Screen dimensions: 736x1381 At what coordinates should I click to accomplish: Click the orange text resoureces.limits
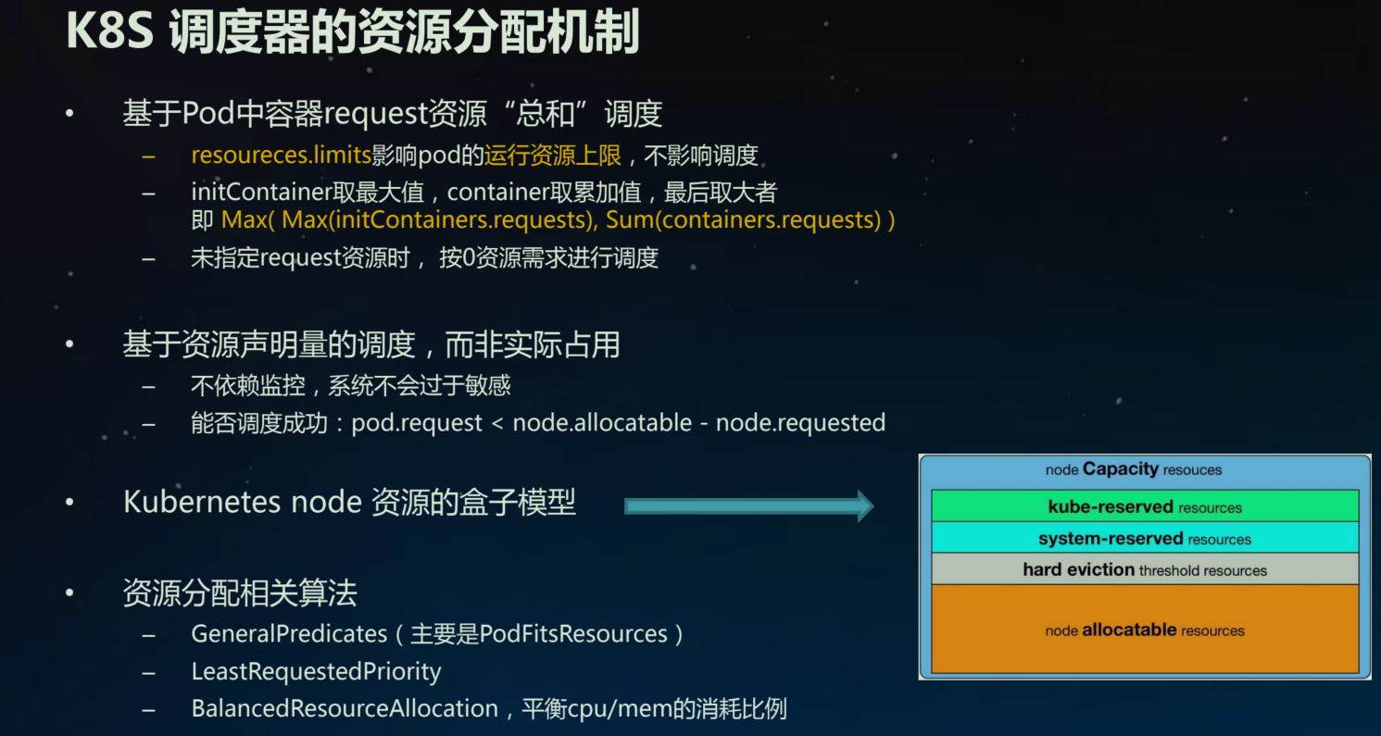tap(281, 156)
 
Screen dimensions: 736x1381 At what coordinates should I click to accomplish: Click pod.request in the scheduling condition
tap(417, 423)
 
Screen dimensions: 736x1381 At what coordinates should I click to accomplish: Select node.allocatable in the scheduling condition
tap(602, 423)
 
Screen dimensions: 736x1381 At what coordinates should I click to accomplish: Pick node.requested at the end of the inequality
tap(800, 423)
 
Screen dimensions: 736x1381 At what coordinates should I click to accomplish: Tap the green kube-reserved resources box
tap(1145, 506)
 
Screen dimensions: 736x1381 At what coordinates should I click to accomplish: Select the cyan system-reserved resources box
tap(1145, 538)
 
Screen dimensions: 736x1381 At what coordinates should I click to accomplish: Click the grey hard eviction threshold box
tap(1145, 569)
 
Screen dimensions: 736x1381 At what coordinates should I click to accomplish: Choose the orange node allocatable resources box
tap(1145, 630)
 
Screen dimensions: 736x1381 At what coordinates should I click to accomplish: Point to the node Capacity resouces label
tap(1134, 469)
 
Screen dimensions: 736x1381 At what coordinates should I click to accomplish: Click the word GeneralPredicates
tap(289, 634)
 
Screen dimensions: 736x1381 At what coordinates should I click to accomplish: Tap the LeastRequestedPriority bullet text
tap(316, 671)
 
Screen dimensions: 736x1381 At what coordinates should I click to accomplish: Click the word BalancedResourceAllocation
tap(345, 709)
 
